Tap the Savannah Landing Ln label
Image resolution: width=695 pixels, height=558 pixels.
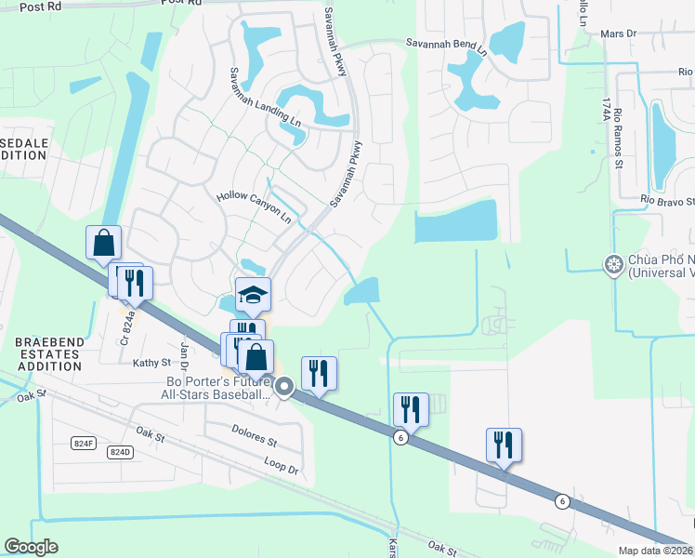pyautogui.click(x=267, y=96)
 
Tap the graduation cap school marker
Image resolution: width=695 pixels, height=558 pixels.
pyautogui.click(x=253, y=295)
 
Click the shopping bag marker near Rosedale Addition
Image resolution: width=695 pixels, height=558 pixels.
pyautogui.click(x=104, y=243)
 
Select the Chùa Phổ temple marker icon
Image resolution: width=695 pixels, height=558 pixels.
pyautogui.click(x=613, y=266)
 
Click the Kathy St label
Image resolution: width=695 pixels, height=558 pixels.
pyautogui.click(x=152, y=363)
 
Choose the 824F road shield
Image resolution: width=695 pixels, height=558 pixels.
pyautogui.click(x=84, y=444)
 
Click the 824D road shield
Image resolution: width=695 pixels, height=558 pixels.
pyautogui.click(x=120, y=452)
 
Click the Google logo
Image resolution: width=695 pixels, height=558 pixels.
pyautogui.click(x=32, y=547)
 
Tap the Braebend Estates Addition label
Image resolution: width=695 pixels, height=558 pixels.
pyautogui.click(x=49, y=354)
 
